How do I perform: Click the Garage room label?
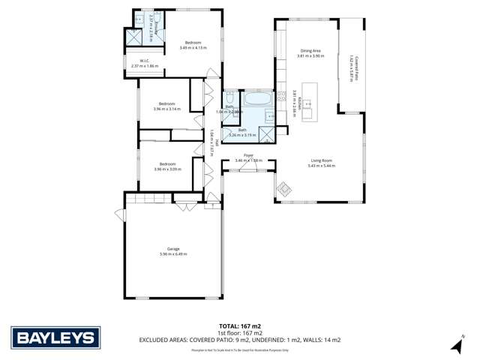173,249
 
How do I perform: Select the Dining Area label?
310,50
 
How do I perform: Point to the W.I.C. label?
145,61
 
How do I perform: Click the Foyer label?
247,156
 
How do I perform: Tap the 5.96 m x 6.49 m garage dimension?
173,254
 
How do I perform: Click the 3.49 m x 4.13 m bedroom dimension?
193,48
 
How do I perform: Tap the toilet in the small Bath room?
229,99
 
